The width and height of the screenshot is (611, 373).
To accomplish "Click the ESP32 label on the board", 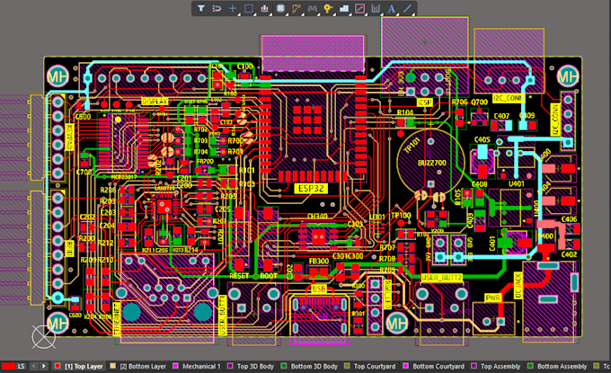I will pyautogui.click(x=308, y=189).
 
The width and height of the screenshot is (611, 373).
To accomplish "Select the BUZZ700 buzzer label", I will pyautogui.click(x=434, y=162).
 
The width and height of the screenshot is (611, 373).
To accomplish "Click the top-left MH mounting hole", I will pyautogui.click(x=60, y=77).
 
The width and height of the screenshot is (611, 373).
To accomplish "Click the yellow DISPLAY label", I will pyautogui.click(x=155, y=102).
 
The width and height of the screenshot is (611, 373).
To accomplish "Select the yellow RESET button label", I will pyautogui.click(x=240, y=276).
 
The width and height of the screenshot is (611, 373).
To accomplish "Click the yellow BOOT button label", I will pyautogui.click(x=269, y=276).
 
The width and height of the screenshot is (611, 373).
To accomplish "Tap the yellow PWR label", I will pyautogui.click(x=493, y=297).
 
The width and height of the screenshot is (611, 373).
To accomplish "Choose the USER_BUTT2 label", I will pyautogui.click(x=441, y=278).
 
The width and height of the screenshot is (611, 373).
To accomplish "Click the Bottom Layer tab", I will pyautogui.click(x=142, y=367).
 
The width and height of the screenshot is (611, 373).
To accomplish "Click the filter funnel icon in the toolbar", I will pyautogui.click(x=201, y=8).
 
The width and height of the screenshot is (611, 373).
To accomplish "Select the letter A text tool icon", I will pyautogui.click(x=391, y=8).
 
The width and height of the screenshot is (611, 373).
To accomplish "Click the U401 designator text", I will pyautogui.click(x=516, y=183).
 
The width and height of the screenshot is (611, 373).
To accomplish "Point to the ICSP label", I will pyautogui.click(x=426, y=103).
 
